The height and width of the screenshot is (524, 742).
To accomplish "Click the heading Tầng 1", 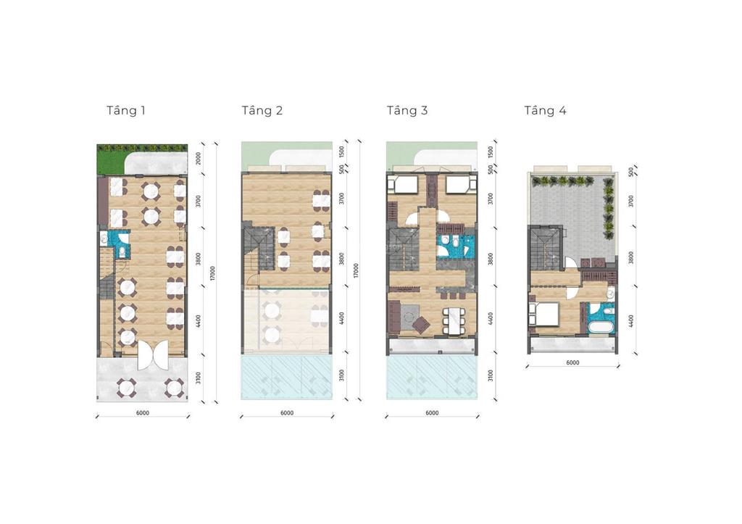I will pyautogui.click(x=126, y=111).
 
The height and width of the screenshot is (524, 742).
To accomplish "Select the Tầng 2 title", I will pyautogui.click(x=262, y=111).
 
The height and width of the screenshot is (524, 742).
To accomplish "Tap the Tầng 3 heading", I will pyautogui.click(x=407, y=111).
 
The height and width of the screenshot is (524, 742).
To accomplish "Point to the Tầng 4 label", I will pyautogui.click(x=546, y=111).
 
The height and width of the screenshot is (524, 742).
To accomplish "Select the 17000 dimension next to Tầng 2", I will pyautogui.click(x=357, y=271).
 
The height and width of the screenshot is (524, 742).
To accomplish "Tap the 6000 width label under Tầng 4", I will pyautogui.click(x=572, y=362).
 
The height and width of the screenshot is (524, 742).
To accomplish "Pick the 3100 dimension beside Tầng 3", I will pyautogui.click(x=490, y=375).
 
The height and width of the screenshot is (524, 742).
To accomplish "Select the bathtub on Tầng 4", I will pyautogui.click(x=600, y=328).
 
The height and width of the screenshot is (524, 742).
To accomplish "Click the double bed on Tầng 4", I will pyautogui.click(x=544, y=314).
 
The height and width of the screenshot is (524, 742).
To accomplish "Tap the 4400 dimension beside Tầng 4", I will pyautogui.click(x=631, y=320).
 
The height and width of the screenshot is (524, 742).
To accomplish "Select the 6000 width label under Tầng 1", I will pyautogui.click(x=142, y=413).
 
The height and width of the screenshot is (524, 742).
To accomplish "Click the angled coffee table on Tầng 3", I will pyautogui.click(x=420, y=320).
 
